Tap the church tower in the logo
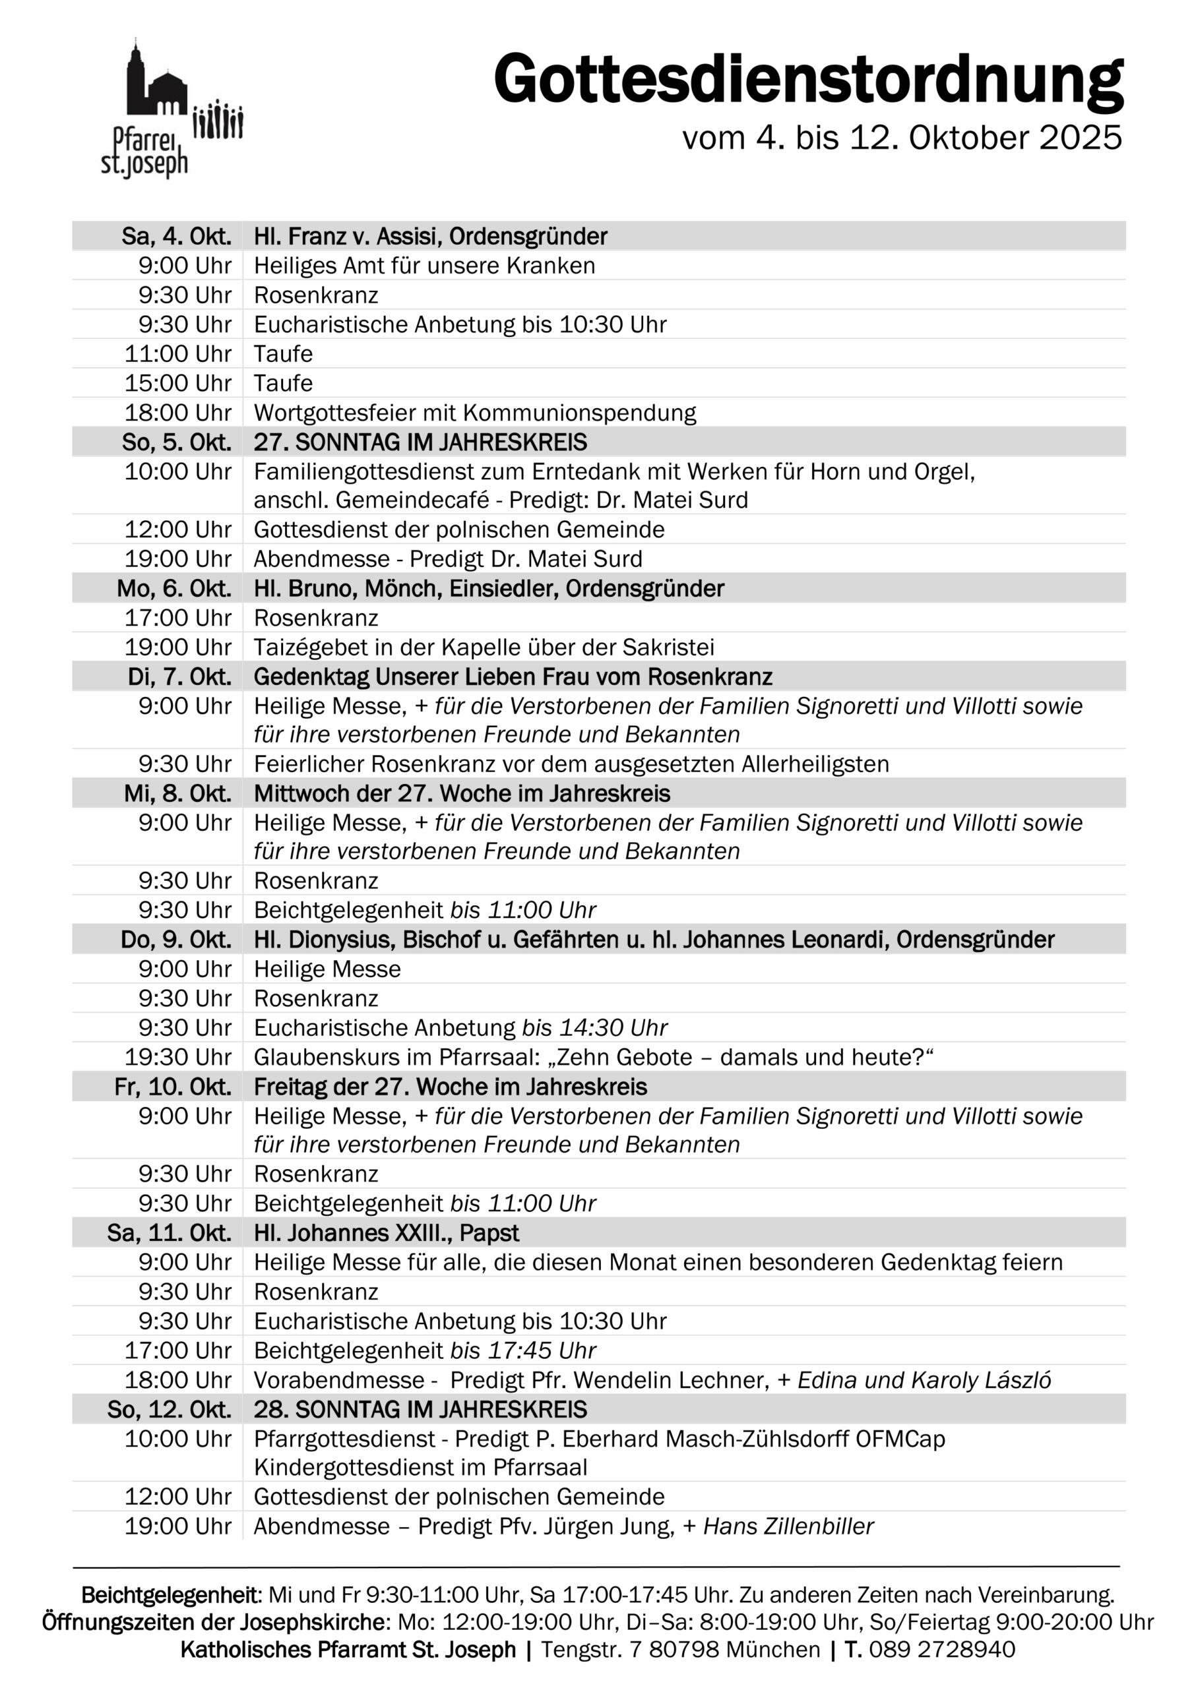pos(135,77)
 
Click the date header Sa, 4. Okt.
pos(177,237)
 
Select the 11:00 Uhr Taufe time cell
pos(178,353)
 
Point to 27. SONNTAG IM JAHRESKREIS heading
pos(420,442)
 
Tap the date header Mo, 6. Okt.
pos(173,588)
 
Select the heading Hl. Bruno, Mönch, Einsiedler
pos(489,588)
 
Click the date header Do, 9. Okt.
pos(176,940)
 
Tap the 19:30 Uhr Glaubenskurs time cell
pos(178,1057)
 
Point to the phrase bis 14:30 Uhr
pos(594,1028)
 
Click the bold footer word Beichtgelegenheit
pos(171,1596)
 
